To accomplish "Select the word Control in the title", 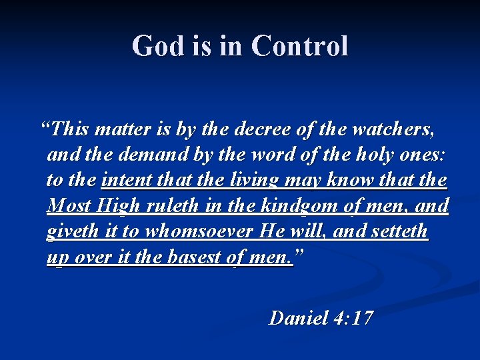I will (x=300, y=47).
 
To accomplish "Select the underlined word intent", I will (x=125, y=180).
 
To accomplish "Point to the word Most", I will (x=69, y=206).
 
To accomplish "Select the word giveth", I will (x=71, y=232).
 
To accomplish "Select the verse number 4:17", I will (x=352, y=318).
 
